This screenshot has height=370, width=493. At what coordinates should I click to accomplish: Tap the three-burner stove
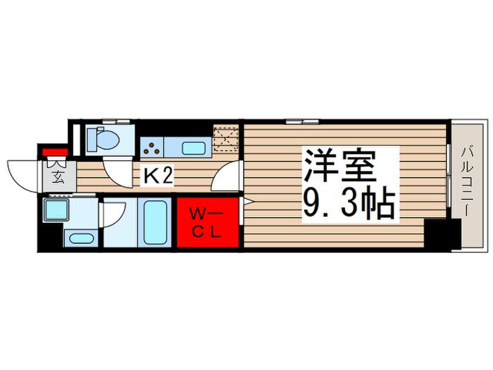[151, 147]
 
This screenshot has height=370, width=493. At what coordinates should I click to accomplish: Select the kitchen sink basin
[194, 148]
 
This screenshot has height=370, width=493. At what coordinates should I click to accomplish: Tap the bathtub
[154, 222]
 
